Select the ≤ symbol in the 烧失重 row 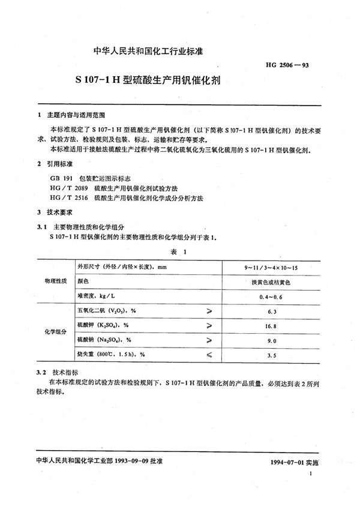click(209, 355)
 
